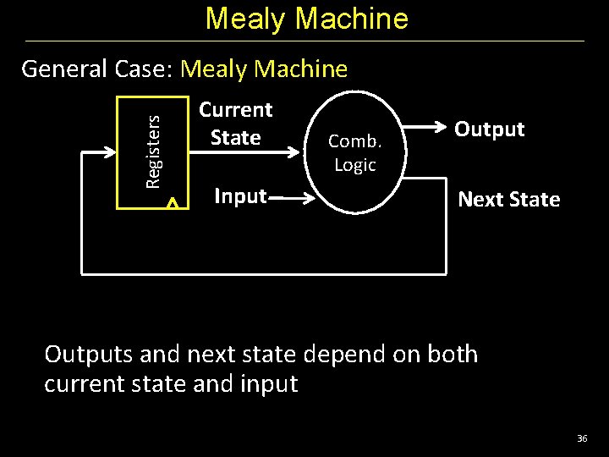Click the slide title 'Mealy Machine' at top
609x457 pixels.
tap(306, 19)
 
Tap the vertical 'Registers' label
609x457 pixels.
tap(153, 151)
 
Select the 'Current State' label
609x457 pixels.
tap(235, 124)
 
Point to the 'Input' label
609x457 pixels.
tap(240, 197)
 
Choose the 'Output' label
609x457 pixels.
tap(490, 129)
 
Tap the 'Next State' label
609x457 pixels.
tap(508, 200)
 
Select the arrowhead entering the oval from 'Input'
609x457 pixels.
tap(310, 200)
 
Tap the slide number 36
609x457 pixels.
tap(581, 438)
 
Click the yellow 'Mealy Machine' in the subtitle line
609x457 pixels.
tap(264, 69)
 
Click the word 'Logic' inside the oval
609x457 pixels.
tap(355, 165)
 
